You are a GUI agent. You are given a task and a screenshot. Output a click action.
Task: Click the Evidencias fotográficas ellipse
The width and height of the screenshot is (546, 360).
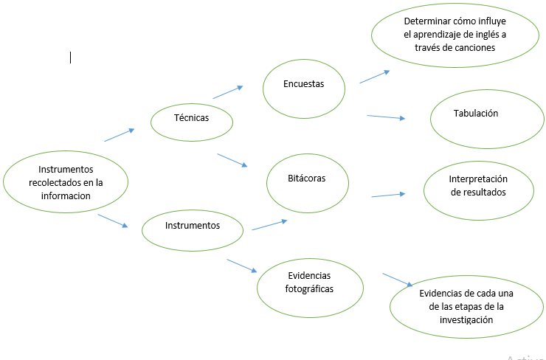coord(310,282)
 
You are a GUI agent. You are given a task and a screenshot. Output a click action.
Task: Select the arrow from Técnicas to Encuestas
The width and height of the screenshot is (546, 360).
coord(227,92)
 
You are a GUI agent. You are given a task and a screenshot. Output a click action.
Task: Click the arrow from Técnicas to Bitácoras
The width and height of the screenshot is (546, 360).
coord(232,159)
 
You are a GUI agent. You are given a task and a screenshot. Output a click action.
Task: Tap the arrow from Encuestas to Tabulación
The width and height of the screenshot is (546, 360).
coord(387,117)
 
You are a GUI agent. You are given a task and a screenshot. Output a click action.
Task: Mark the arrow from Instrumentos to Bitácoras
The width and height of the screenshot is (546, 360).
coord(269,225)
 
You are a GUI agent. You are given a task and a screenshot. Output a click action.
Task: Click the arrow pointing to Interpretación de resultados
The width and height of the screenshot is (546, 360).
coord(388,195)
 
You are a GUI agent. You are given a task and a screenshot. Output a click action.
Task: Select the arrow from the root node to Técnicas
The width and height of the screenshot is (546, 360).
coord(120,135)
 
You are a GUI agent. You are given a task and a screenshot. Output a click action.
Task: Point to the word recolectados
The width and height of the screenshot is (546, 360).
coord(56,182)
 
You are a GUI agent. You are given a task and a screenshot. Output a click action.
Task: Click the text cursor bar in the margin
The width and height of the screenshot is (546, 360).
coord(71,57)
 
